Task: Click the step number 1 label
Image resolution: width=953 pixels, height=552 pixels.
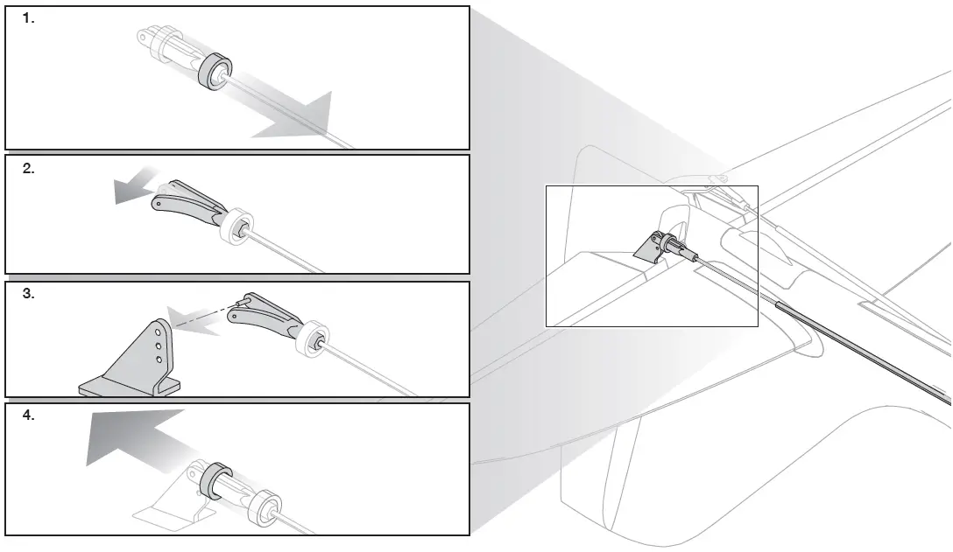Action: tap(29, 19)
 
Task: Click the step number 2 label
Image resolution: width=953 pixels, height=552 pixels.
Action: tap(29, 169)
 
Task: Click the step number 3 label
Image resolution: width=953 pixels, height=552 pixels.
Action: tap(29, 294)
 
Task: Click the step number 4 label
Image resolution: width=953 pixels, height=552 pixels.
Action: tap(29, 416)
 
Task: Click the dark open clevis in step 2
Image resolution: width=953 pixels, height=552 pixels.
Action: tap(188, 203)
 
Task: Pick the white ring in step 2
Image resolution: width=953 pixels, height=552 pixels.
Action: tap(236, 227)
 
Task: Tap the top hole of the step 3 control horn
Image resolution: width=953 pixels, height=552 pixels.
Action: tap(158, 332)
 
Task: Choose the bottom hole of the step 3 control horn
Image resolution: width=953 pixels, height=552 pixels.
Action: tap(159, 360)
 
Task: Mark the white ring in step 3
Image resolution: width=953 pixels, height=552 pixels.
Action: tap(313, 339)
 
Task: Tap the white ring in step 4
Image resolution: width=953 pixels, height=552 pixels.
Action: tap(265, 508)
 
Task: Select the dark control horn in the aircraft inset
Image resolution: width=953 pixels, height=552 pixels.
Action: tap(648, 248)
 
